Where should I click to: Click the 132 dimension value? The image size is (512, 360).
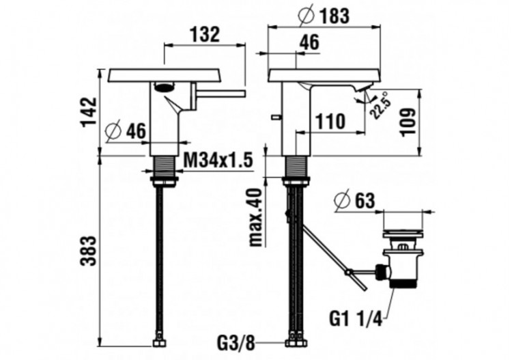pos(205,35)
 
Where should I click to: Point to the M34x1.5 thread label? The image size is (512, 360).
pos(219,161)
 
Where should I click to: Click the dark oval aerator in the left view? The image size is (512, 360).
pos(164,87)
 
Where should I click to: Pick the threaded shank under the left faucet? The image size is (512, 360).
pos(164,166)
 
